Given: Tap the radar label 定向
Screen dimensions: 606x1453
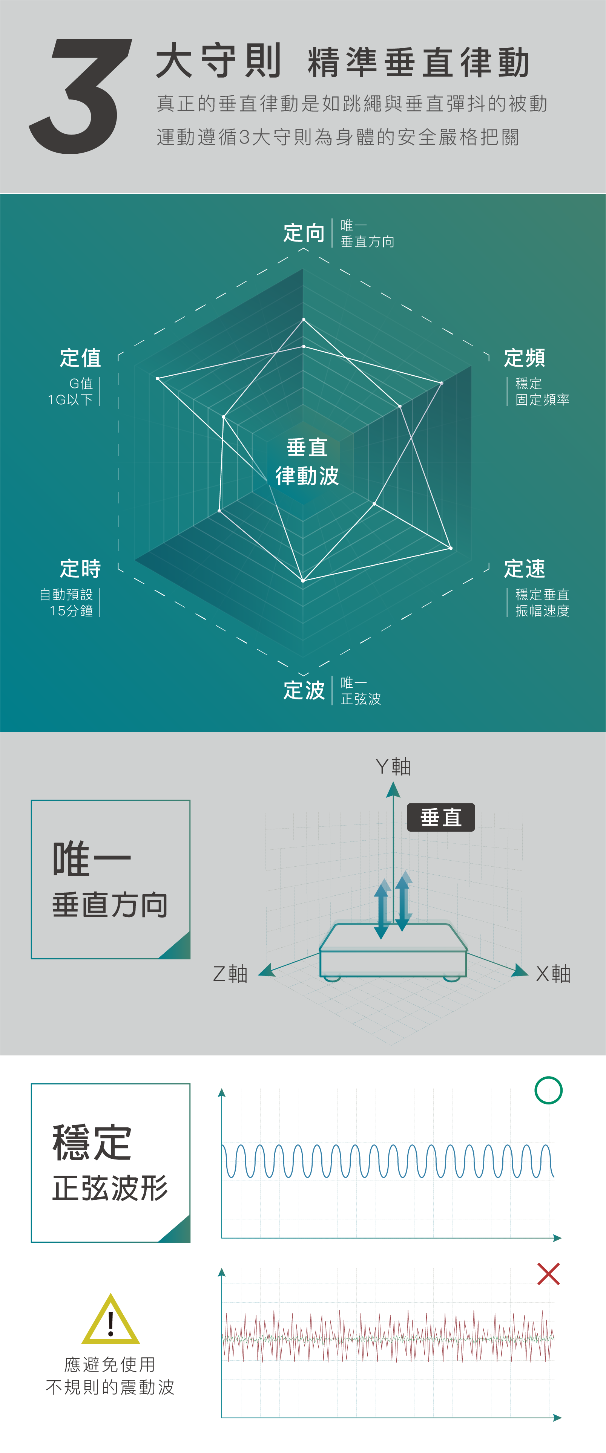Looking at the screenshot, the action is [304, 232].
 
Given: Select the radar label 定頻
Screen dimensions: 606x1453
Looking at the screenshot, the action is [524, 358].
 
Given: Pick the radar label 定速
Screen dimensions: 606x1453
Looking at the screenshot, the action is [524, 569].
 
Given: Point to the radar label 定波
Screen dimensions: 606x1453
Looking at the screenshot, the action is [304, 690].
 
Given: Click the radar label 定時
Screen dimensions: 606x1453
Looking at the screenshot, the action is [81, 569].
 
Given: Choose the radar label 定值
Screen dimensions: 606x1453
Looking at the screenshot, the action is [81, 358].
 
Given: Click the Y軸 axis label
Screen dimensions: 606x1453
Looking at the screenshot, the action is [393, 766].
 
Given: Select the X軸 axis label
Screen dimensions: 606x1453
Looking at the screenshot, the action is [553, 974].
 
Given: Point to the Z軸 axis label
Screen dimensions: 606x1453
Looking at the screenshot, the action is [230, 974].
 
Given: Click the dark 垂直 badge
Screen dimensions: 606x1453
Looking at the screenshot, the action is [441, 817].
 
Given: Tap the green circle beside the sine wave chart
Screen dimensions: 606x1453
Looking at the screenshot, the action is [548, 1090].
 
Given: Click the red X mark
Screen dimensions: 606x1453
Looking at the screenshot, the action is [548, 1274].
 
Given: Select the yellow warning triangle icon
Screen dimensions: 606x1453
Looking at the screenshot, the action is [110, 1320].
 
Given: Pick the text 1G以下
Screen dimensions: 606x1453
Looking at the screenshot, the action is [71, 399].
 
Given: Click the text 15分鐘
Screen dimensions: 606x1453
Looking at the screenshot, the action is [71, 610].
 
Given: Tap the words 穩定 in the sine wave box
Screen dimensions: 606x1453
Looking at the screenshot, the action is [92, 1142].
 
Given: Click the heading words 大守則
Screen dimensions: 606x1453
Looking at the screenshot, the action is [218, 61].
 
